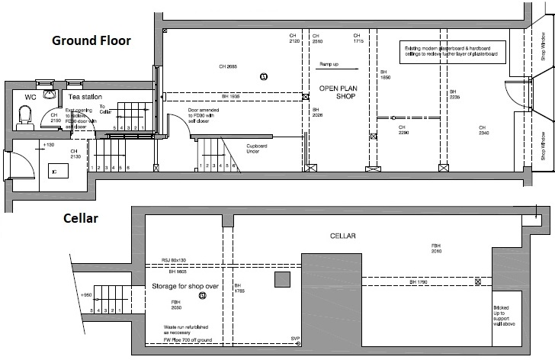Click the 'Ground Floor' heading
tap(91, 40)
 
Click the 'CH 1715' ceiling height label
tap(357, 38)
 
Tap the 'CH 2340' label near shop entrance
tap(483, 130)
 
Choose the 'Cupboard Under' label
tap(265, 149)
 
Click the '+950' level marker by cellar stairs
tap(88, 293)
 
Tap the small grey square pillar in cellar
tap(282, 279)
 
